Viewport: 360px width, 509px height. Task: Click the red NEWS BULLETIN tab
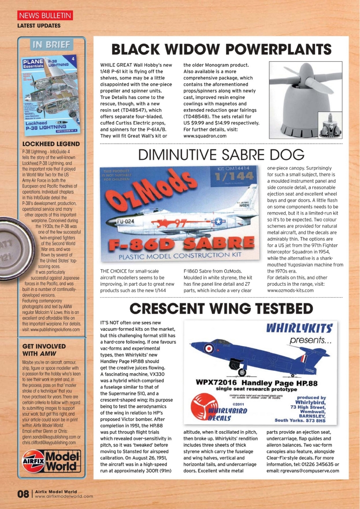[45, 16]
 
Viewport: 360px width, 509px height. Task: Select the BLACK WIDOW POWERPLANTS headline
[221, 49]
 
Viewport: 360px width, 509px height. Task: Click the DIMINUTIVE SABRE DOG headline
[221, 155]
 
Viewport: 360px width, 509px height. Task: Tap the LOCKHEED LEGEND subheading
[51, 144]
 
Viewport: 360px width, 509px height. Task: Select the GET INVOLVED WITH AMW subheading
[44, 350]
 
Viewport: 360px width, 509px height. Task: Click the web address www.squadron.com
[205, 136]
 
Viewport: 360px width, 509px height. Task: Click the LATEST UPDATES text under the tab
[39, 26]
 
